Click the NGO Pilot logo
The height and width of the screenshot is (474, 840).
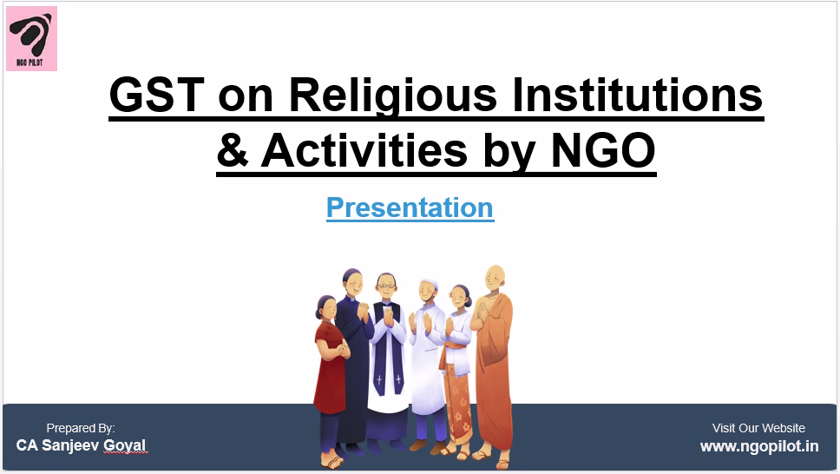point(31,38)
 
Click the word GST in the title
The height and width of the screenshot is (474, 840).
point(157,95)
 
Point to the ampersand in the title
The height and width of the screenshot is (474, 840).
point(233,149)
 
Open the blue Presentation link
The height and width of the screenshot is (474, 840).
point(410,207)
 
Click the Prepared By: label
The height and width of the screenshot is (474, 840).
point(81,429)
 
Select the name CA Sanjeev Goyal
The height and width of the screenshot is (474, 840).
point(81,445)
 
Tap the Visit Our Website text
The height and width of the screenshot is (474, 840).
point(758,428)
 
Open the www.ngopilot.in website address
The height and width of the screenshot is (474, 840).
point(759,446)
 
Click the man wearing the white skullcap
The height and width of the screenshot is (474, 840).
point(427,359)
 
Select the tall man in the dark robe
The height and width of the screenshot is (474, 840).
point(353,359)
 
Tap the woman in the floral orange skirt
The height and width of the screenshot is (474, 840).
point(457,370)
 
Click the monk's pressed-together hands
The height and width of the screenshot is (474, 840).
point(483,312)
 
